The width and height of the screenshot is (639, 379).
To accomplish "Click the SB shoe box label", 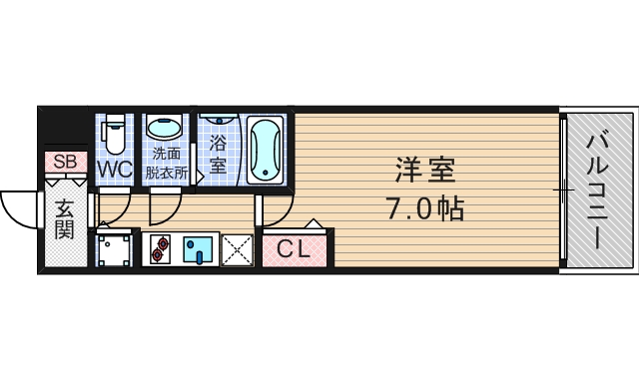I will pos(64,162).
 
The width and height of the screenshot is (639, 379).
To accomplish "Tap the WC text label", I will pos(115,170).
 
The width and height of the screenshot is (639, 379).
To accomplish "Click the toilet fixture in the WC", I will pos(115,132).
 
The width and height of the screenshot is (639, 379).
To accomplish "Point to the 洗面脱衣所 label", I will pos(167,163).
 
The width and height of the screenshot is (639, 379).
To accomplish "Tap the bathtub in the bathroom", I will pos(266,151).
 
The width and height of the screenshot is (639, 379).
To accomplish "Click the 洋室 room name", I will pos(425,170).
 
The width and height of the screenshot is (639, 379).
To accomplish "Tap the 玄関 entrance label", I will pos(65,219).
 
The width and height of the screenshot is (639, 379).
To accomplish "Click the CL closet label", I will pos(294,248).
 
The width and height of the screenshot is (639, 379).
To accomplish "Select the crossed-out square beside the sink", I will pos(238,249).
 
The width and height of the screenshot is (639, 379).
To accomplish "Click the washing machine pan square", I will pos(115,249).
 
